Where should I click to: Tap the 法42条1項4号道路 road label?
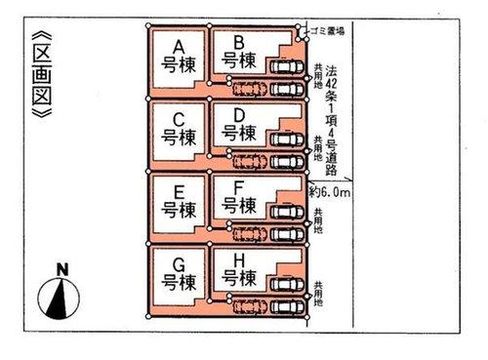tap(331, 112)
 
